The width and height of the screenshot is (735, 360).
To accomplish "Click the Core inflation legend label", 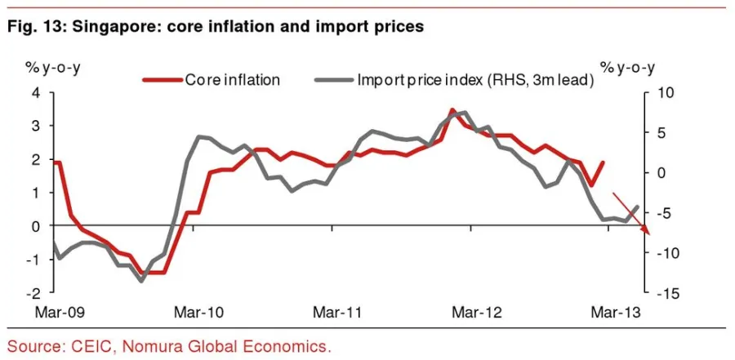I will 233,80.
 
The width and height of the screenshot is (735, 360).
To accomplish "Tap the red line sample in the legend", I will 163,80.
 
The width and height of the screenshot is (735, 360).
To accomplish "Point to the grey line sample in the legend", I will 332,80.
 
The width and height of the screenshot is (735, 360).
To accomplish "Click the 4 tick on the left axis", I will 35,92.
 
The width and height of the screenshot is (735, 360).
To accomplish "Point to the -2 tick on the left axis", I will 33,292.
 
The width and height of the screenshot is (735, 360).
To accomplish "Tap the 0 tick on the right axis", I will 662,172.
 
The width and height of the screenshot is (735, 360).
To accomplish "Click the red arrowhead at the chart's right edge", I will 647,231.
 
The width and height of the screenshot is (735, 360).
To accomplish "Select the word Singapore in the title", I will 109,26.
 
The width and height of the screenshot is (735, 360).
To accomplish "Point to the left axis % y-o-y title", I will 37,65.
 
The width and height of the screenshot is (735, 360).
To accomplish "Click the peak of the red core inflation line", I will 452,109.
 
